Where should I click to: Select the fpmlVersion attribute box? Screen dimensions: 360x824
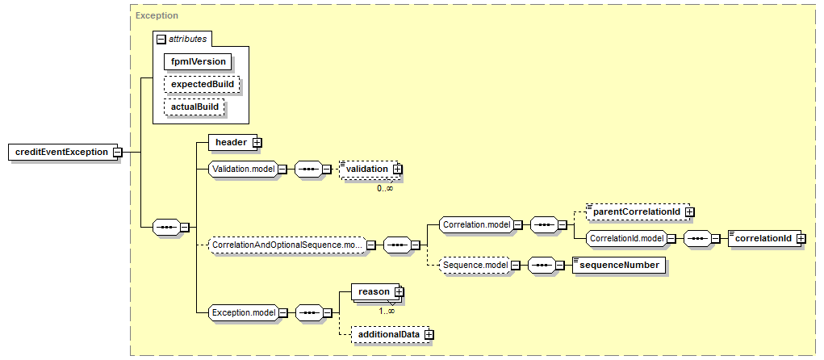click(197, 61)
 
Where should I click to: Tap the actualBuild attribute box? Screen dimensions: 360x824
click(194, 107)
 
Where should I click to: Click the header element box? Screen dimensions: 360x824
click(230, 142)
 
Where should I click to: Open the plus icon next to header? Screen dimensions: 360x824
click(257, 142)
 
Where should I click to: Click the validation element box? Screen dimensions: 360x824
click(367, 169)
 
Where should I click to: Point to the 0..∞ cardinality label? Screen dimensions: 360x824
click(385, 188)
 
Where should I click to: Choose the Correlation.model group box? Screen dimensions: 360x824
click(475, 224)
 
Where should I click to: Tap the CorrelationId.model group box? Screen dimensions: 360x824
click(625, 238)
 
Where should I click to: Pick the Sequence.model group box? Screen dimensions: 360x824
click(475, 265)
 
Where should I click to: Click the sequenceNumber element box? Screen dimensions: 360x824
click(618, 265)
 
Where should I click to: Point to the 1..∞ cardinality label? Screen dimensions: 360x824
click(387, 310)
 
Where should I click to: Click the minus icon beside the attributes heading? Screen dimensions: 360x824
click(161, 39)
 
